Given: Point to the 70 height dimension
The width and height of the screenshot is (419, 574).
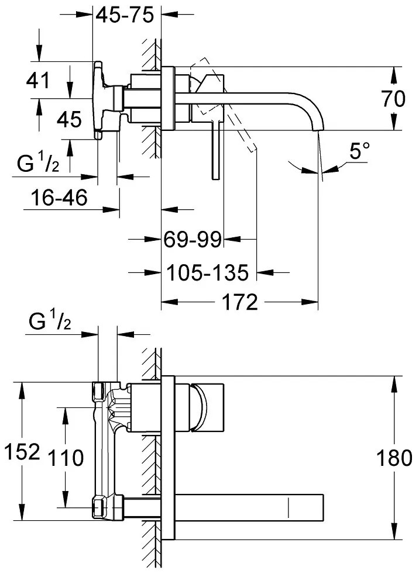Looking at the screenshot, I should click(393, 99).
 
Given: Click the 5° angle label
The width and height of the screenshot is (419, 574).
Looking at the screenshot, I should click(360, 153).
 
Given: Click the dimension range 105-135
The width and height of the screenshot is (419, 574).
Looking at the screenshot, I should click(208, 272).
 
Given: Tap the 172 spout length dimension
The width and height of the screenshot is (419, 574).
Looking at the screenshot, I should click(239, 302).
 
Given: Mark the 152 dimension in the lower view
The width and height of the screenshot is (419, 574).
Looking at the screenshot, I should click(22, 452).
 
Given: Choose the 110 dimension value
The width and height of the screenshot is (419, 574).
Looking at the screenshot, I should click(66, 458).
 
